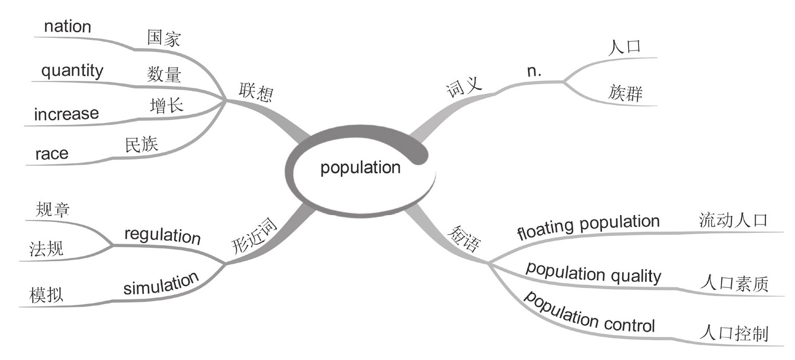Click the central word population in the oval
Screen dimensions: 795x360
[360, 168]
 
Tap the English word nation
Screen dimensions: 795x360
[68, 26]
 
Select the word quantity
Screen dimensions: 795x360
[72, 71]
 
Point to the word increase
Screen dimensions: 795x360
[66, 113]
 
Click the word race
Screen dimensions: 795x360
[51, 153]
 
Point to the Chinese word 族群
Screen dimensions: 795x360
[625, 94]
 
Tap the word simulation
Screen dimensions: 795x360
[161, 283]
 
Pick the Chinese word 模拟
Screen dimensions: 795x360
[47, 295]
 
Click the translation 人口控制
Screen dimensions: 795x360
[734, 333]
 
